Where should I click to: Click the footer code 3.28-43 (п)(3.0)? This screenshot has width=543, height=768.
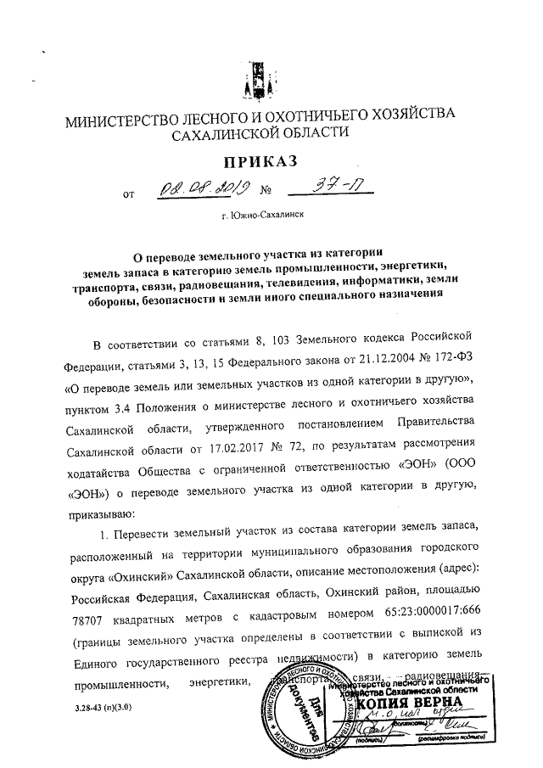point(100,706)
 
